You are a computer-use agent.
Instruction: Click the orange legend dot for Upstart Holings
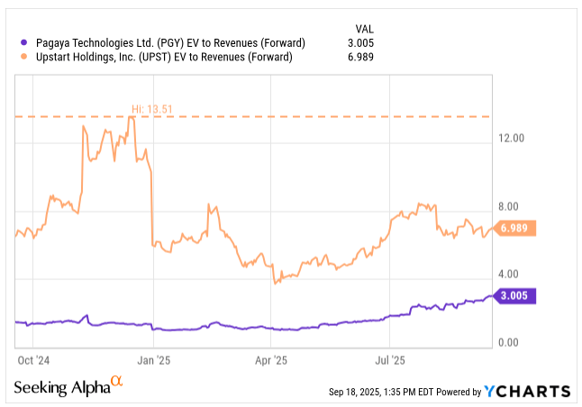pos(23,58)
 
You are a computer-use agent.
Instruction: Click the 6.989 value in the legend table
pos(359,58)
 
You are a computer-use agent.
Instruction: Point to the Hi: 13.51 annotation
pos(151,110)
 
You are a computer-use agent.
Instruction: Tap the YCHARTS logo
pos(527,391)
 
